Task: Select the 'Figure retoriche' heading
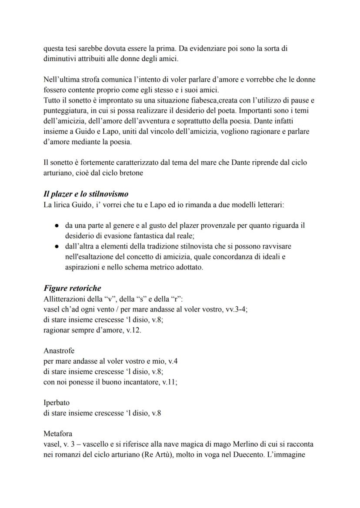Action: [x=72, y=288]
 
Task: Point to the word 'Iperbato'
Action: [x=57, y=403]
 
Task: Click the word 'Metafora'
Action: [x=58, y=434]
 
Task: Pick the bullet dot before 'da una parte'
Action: [x=57, y=226]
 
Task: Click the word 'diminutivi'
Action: [x=59, y=59]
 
